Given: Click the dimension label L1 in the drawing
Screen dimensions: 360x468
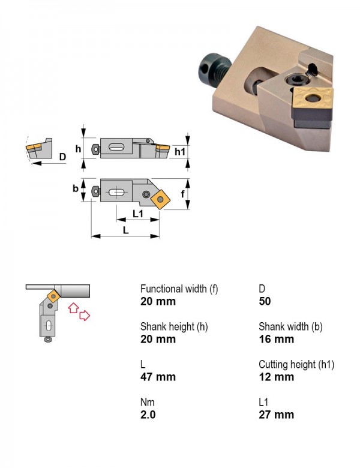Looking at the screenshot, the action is point(137,214).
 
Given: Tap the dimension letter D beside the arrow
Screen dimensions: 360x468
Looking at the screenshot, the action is point(62,157).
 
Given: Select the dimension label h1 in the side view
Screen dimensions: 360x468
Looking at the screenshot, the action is point(180,152).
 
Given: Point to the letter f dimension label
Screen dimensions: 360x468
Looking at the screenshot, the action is point(182,194).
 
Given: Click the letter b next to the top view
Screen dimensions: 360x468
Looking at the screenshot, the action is point(76,188).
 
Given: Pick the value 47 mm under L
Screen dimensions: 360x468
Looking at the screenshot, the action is point(158,377).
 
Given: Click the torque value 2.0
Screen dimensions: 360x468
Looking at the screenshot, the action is point(148,415).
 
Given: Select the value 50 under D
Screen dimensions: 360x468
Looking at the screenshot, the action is point(265,301).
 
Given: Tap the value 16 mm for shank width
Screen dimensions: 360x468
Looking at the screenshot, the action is point(277,340).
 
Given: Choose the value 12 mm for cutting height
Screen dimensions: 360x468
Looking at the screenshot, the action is point(277,377).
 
